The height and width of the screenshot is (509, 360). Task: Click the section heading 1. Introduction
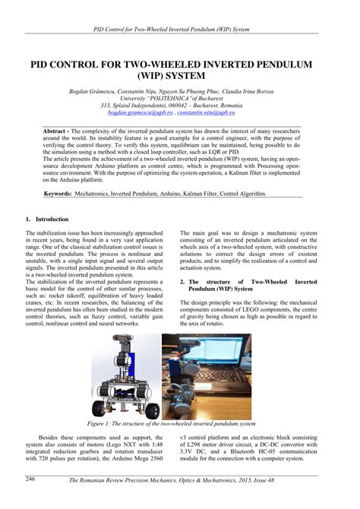(x=47, y=219)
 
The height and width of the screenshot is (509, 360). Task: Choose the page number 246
(x=30, y=479)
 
